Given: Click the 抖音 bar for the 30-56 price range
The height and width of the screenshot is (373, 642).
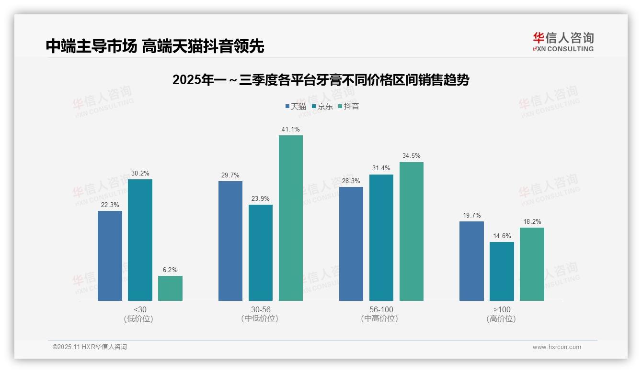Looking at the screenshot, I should pyautogui.click(x=291, y=218).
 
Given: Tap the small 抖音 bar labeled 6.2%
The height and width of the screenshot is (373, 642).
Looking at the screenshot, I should pyautogui.click(x=170, y=288).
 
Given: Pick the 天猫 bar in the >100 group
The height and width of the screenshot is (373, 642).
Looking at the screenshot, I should pyautogui.click(x=471, y=261).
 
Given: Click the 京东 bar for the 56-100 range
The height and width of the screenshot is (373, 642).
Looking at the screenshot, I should pyautogui.click(x=381, y=238).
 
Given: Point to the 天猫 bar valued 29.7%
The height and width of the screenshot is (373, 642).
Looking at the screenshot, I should pyautogui.click(x=230, y=241).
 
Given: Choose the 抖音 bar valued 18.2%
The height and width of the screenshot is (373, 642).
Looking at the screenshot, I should pyautogui.click(x=532, y=264).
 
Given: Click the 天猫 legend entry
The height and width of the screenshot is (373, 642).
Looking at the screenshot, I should pyautogui.click(x=296, y=106).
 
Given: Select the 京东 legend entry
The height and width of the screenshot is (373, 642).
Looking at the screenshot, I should pyautogui.click(x=322, y=106).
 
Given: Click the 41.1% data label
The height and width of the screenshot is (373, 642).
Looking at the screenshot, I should pyautogui.click(x=291, y=130).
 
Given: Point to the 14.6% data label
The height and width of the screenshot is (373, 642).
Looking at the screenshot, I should pyautogui.click(x=502, y=236).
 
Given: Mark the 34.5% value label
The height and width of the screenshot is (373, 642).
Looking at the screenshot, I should pyautogui.click(x=412, y=156).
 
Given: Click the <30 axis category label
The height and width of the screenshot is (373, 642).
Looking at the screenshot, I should pyautogui.click(x=140, y=310).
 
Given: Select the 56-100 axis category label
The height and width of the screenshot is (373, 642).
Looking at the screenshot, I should pyautogui.click(x=381, y=310).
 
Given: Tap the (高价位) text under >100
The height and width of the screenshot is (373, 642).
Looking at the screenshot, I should pyautogui.click(x=502, y=319).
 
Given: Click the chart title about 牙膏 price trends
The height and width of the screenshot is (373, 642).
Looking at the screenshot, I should pyautogui.click(x=321, y=80).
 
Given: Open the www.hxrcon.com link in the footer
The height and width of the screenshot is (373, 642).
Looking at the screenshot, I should pyautogui.click(x=557, y=347).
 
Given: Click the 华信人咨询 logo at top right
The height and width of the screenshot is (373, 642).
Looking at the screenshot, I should pyautogui.click(x=563, y=42).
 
